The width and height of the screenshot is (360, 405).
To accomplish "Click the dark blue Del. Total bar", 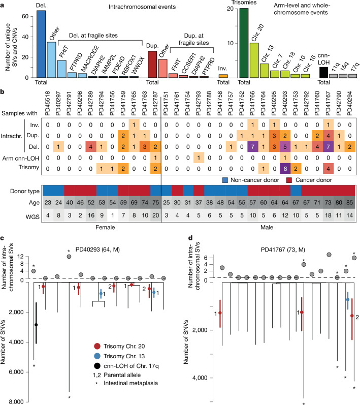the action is pos(41,44).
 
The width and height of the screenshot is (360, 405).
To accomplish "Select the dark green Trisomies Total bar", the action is pos(244,43).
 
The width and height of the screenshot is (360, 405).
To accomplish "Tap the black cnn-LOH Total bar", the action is pos(323,73).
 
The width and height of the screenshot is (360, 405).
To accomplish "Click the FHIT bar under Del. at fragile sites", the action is pos(62,69).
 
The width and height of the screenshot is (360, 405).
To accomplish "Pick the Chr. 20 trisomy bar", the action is pos(254,60).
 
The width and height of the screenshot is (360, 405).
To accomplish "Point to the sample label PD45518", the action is pos(48,103).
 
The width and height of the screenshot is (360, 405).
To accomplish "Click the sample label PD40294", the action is pos(349,103).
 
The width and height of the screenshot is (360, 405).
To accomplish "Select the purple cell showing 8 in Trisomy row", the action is pos(285,169).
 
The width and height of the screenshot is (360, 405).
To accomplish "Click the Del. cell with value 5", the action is pos(285,147).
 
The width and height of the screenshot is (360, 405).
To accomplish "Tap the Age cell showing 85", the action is pos(350,202).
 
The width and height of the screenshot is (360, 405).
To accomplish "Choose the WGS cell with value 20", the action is pos(155,215).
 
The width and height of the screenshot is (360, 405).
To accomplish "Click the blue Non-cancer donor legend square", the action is pos(225,180).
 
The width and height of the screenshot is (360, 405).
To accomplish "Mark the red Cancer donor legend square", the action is pos(289,180).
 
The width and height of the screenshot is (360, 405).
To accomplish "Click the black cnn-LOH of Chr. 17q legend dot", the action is pos(97,366).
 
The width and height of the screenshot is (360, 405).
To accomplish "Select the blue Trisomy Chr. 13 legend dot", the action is pos(97,356).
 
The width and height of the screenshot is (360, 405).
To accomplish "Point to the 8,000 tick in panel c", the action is pos(16,402).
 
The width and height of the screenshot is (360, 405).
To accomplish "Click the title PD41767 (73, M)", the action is pos(283,250).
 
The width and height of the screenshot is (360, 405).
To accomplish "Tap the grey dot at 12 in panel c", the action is pos(69,257).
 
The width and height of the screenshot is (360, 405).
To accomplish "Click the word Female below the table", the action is pos(105,227).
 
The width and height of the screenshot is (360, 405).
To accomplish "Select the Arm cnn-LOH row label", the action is pos(21,158).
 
